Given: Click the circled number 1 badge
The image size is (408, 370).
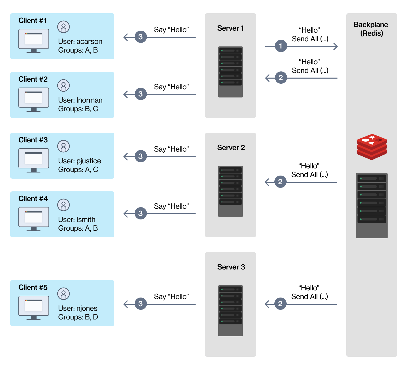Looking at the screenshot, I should [x=281, y=46].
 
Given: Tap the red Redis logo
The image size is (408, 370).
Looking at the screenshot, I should [x=372, y=147].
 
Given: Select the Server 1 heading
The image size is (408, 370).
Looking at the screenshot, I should [x=230, y=28].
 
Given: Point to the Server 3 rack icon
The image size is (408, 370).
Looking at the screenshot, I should [x=230, y=311].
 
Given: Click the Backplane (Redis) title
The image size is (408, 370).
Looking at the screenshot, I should [x=371, y=29].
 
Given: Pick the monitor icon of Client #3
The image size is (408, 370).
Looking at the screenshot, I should [x=34, y=160].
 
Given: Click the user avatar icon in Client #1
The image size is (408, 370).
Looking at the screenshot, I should [x=63, y=27].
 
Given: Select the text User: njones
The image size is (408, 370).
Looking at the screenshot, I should [x=78, y=308].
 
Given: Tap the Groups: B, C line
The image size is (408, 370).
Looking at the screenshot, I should [x=78, y=109].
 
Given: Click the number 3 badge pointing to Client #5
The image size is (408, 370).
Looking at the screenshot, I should [x=141, y=304].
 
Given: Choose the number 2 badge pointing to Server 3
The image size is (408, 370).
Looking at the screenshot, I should [x=280, y=304].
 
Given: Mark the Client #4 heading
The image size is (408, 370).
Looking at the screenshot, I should [x=33, y=199].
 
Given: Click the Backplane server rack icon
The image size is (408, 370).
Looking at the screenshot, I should [x=372, y=205].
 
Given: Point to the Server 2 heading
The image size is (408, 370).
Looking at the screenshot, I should [x=231, y=147].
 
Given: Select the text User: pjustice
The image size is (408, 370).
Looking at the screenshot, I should [x=79, y=161].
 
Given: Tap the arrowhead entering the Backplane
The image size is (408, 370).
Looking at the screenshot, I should [x=336, y=46].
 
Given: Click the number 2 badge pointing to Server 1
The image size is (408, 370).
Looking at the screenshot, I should [x=281, y=78].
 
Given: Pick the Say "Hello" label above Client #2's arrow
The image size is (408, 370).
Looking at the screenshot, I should [x=171, y=87].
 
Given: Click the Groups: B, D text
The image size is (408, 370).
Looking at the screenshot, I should [x=78, y=317].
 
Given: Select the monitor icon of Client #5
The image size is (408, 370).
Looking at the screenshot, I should [x=34, y=308].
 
